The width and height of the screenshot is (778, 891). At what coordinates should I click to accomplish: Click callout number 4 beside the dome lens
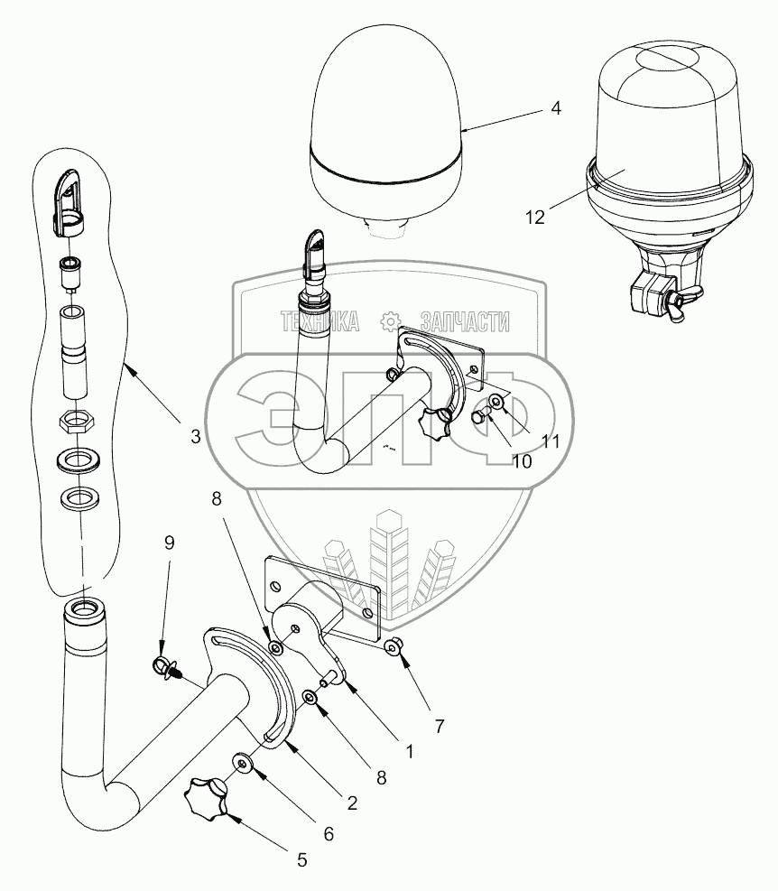[556, 107]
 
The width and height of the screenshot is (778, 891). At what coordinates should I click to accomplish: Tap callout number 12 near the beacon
[535, 217]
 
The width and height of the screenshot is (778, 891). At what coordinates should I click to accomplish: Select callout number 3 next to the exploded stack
[195, 436]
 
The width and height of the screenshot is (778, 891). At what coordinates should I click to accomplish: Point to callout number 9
[170, 543]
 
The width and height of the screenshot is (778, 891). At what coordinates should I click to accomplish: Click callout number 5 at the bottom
[301, 860]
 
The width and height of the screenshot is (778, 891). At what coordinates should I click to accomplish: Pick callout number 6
[329, 833]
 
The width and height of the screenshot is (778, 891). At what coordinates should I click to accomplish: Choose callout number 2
[352, 802]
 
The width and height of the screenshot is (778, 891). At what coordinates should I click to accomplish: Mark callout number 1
[408, 750]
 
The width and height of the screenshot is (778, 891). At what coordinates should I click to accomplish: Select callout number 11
[551, 441]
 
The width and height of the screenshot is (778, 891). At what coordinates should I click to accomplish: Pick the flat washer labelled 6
[244, 764]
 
